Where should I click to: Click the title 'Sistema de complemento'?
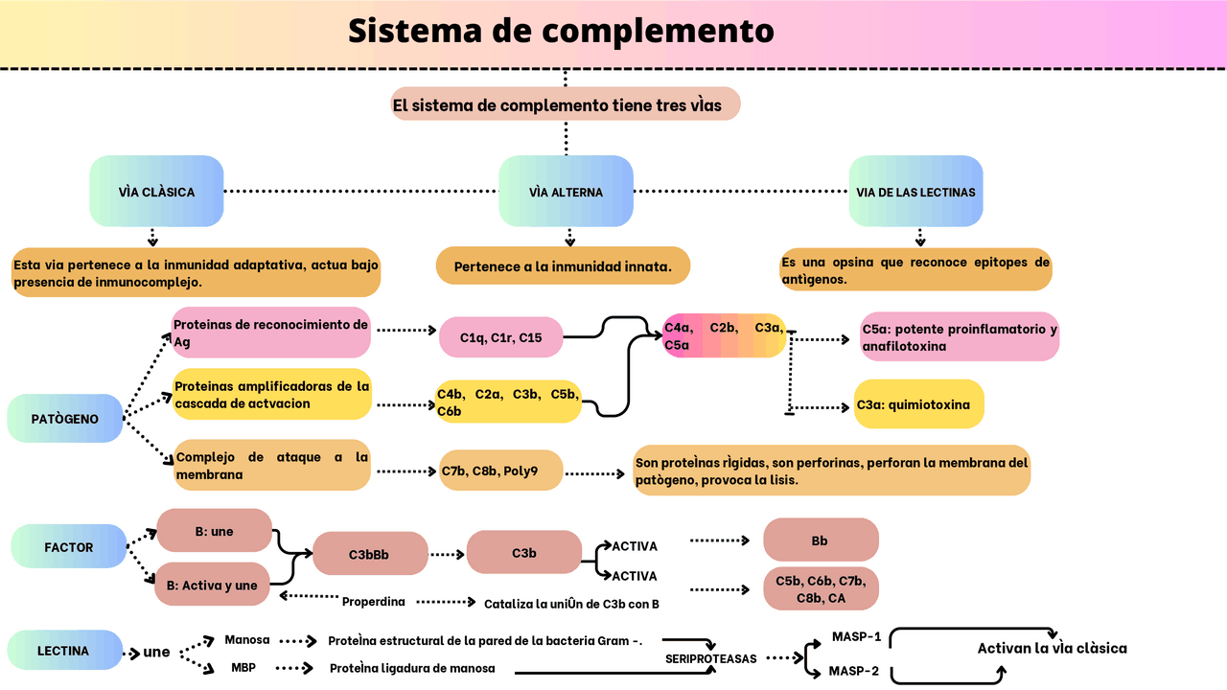tap(561, 31)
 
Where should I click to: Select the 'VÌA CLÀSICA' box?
tap(156, 192)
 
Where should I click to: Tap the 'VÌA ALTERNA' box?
tap(566, 192)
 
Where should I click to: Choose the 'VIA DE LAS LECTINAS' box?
tap(915, 192)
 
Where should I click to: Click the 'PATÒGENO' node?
tap(64, 419)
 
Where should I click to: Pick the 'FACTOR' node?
tap(68, 547)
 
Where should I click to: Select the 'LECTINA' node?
tap(63, 651)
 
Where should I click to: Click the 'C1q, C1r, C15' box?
tap(500, 337)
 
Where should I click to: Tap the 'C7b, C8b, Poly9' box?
tap(501, 471)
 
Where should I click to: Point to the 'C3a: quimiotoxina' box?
tap(918, 404)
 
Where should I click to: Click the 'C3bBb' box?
tap(369, 554)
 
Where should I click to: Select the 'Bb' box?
tap(820, 540)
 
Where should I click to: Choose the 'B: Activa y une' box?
tap(212, 585)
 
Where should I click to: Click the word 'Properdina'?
tap(374, 602)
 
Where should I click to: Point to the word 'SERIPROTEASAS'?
tap(711, 659)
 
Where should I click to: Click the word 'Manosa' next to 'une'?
tap(247, 639)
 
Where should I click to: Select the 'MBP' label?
tap(243, 668)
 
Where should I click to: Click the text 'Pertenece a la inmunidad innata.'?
tap(563, 265)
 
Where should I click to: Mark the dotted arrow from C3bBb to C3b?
tap(447, 554)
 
